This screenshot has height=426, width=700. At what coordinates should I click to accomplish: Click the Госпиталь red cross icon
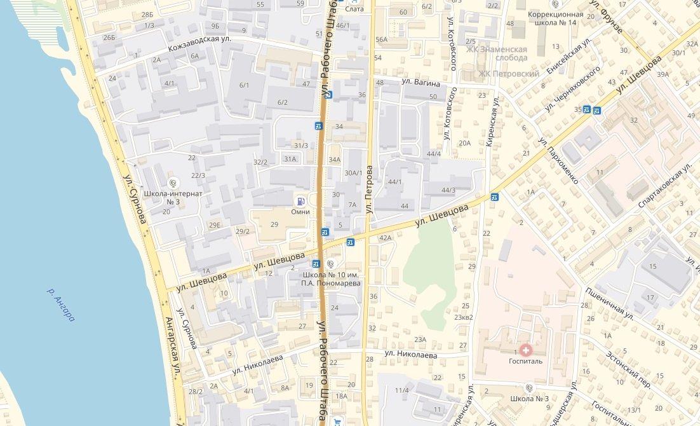pos(525,349)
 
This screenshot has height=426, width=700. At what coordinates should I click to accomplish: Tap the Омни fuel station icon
pos(300,200)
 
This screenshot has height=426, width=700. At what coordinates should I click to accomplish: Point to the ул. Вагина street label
pos(420,82)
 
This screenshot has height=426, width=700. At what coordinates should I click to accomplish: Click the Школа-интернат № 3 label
pos(173,197)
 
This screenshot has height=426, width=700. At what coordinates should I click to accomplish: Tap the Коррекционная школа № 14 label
pos(552,18)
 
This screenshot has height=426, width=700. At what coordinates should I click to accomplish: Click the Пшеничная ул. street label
pos(610,302)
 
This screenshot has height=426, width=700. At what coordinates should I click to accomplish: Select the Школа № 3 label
pos(529,399)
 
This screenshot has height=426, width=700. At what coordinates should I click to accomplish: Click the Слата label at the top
pos(354,8)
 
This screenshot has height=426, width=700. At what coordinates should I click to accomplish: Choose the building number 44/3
pos(448,190)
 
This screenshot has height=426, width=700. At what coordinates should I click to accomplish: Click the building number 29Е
pos(215,225)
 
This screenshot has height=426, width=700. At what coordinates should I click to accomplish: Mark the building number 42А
pos(385,238)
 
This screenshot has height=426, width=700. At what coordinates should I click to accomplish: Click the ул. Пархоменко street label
pos(558,160)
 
